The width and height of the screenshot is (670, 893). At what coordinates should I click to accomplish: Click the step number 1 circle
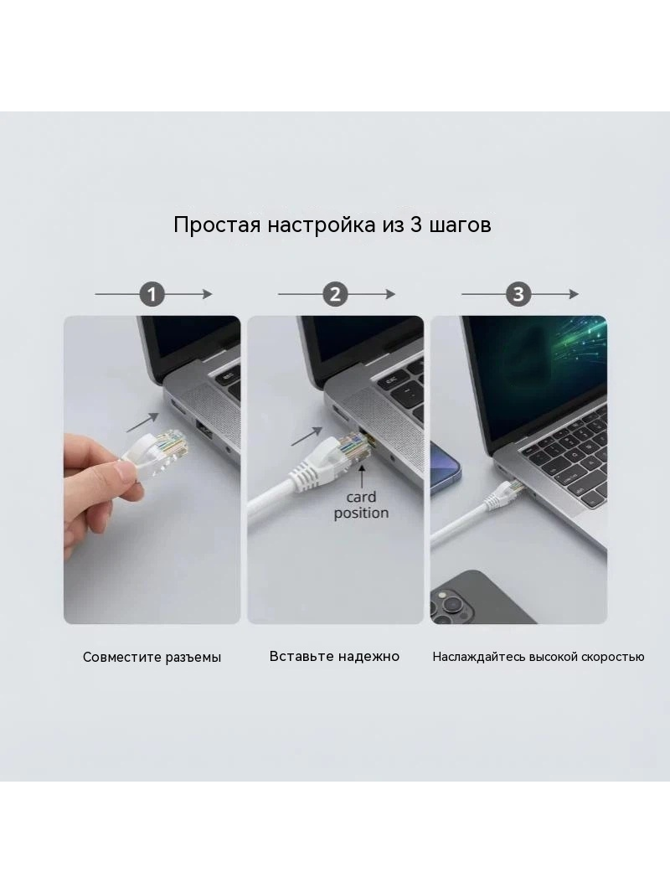(152, 294)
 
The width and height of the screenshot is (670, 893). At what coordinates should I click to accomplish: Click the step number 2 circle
(335, 294)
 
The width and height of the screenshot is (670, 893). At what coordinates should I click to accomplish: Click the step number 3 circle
(518, 294)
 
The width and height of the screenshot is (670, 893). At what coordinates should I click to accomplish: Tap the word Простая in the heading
(218, 225)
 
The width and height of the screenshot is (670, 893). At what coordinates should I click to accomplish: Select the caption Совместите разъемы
(152, 658)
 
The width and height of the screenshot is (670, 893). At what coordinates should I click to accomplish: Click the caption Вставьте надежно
(335, 656)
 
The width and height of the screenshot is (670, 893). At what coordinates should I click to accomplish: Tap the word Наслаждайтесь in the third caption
(478, 657)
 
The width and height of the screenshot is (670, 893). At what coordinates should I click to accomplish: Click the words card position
(362, 505)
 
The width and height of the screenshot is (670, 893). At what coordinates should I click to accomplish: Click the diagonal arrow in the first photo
(142, 422)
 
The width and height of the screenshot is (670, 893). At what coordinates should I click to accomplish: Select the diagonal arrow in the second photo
(307, 436)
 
